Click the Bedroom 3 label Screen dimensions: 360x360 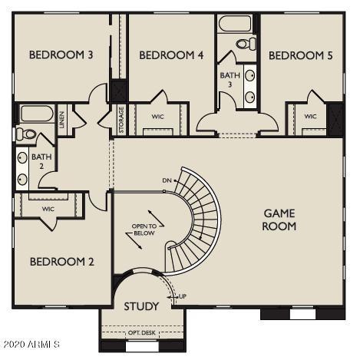pos(61,54)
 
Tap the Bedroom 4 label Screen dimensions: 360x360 pos(171,55)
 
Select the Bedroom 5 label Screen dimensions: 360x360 pos(301,55)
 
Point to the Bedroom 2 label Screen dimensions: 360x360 pos(62,262)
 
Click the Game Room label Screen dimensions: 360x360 pos(279,220)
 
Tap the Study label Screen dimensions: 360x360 pos(141,306)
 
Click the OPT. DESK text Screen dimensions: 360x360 pos(142,333)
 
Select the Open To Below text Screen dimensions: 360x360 pos(144,230)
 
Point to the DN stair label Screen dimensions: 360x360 pos(167,180)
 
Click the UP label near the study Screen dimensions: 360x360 pos(183,296)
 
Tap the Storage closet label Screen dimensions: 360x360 pos(121,120)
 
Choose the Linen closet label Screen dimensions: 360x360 pos(62,120)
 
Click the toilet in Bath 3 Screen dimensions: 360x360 pos(246,44)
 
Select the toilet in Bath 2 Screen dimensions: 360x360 pos(26,134)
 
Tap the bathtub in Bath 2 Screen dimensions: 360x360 pos(37,114)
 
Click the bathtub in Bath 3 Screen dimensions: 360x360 pos(235,24)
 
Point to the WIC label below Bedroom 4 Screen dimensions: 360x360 pos(157,117)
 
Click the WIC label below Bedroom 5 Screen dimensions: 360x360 pos(310,117)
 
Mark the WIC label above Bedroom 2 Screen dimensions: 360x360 pos(48,209)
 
